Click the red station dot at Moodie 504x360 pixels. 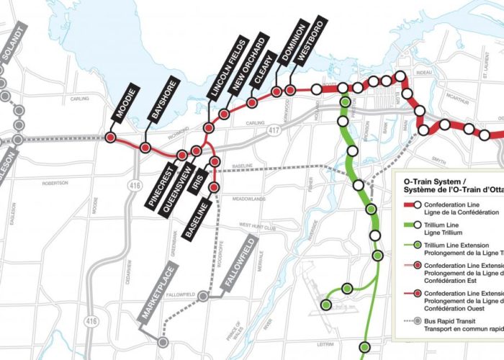pyautogui.click(x=111, y=138)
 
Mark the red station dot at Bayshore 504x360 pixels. pyautogui.click(x=145, y=148)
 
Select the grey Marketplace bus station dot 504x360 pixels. pyautogui.click(x=163, y=342)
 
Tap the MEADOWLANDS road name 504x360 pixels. pyautogui.click(x=239, y=196)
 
